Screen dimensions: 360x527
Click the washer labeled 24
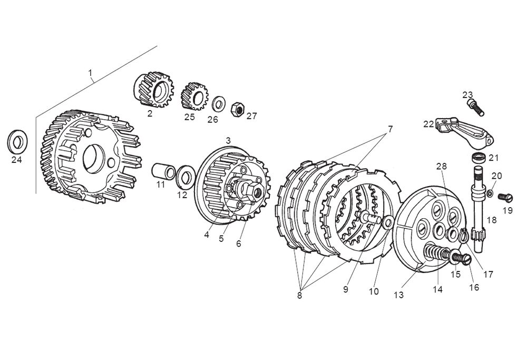click(x=17, y=141)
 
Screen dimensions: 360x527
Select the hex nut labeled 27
click(x=238, y=109)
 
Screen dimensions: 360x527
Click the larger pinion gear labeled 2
click(x=152, y=89)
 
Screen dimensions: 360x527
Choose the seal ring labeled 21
click(x=479, y=157)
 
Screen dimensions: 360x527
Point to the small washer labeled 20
click(x=490, y=194)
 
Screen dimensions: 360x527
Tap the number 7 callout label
click(x=391, y=129)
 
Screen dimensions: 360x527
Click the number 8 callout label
click(x=299, y=295)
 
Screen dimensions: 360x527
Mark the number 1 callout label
click(x=90, y=72)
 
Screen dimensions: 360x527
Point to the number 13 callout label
click(x=398, y=295)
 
